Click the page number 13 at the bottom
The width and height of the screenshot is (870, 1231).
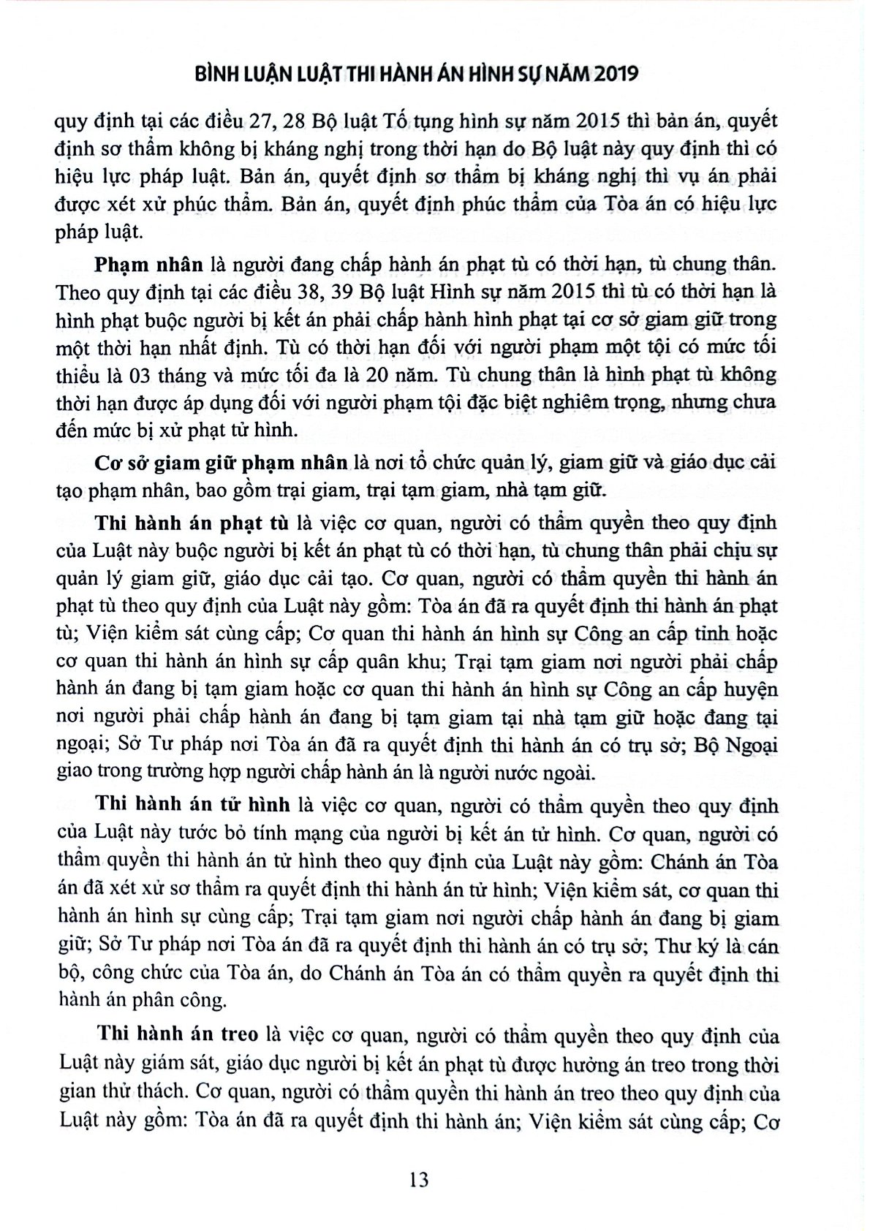[419, 1179]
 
